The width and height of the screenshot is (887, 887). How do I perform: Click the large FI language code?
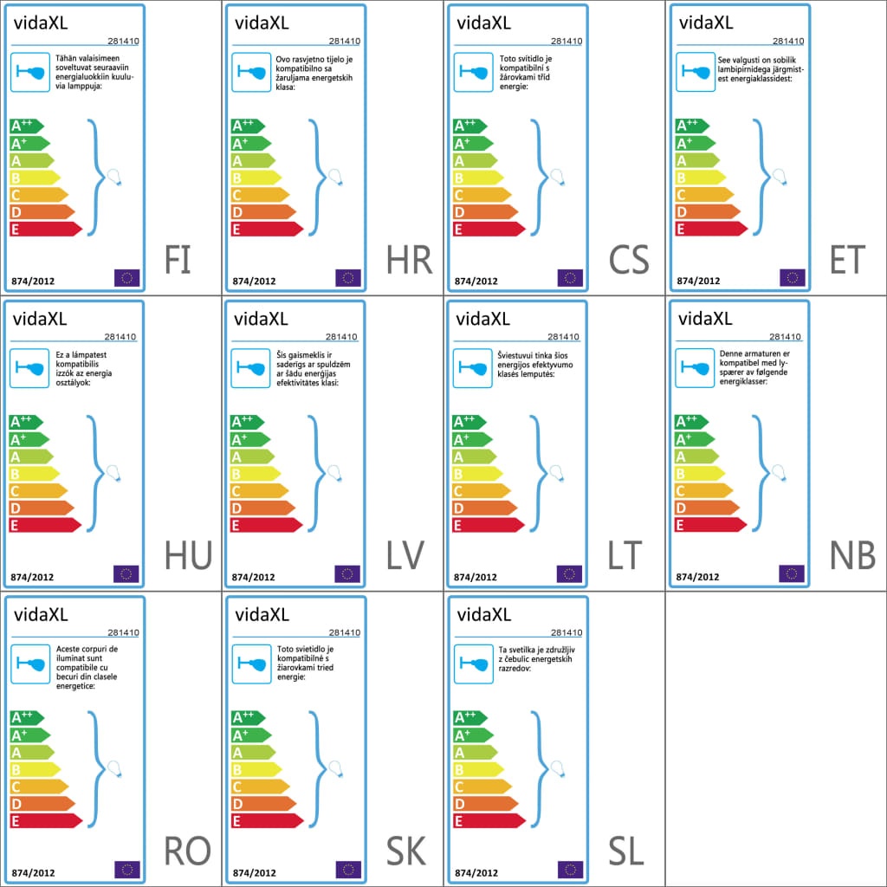[x=177, y=260]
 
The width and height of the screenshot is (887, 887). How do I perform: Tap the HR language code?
[x=409, y=260]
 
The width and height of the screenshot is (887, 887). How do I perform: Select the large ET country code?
[x=847, y=260]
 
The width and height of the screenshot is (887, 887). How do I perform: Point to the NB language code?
[x=852, y=555]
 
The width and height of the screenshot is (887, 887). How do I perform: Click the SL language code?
[x=626, y=851]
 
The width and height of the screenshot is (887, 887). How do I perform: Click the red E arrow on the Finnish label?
[x=46, y=229]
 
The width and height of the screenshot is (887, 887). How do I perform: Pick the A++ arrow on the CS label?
[x=470, y=126]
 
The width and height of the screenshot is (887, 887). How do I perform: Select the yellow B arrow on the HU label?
[x=35, y=474]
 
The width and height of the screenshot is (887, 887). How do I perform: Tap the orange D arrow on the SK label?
[x=263, y=803]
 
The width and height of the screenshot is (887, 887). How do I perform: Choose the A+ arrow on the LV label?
[x=250, y=439]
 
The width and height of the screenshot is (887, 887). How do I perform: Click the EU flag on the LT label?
[x=569, y=573]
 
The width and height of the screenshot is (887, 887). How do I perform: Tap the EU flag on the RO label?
[x=126, y=870]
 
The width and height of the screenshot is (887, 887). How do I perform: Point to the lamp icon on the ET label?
[x=696, y=72]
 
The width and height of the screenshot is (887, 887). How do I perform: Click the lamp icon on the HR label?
[x=251, y=72]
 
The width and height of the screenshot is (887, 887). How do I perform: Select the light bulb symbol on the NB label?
[x=779, y=472]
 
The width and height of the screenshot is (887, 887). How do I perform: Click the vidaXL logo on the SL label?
[x=483, y=614]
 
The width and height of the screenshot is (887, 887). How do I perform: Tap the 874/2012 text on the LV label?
[x=254, y=577]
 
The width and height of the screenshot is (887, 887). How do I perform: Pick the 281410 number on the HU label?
[x=120, y=337]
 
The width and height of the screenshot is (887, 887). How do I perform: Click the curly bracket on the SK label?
[x=318, y=769]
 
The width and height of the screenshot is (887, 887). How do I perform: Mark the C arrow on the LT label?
[x=482, y=490]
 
